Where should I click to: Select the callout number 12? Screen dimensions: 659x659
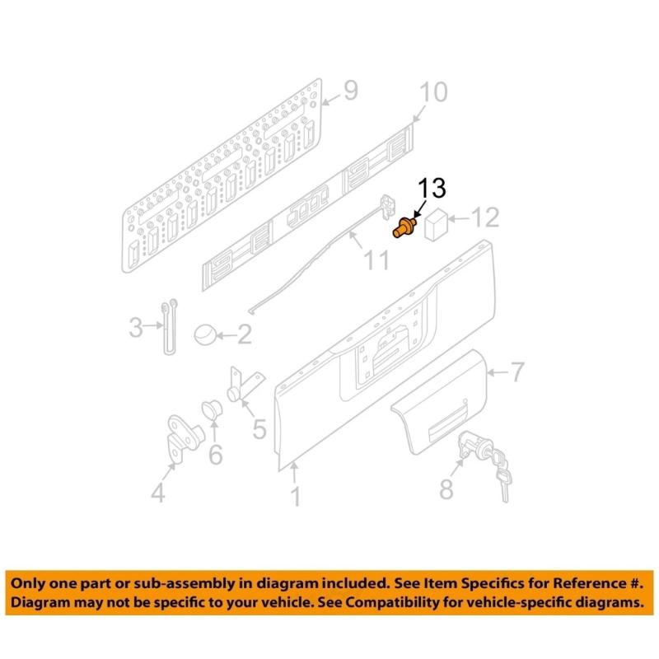coord(484,218)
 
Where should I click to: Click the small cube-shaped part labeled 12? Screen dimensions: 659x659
coord(437,223)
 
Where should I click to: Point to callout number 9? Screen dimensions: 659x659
coord(350,91)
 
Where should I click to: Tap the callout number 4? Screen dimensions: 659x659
coord(157,493)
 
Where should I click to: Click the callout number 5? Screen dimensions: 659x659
coord(259,428)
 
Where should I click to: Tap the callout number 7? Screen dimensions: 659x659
coord(516,373)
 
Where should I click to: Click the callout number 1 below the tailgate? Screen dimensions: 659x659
coord(295,496)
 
